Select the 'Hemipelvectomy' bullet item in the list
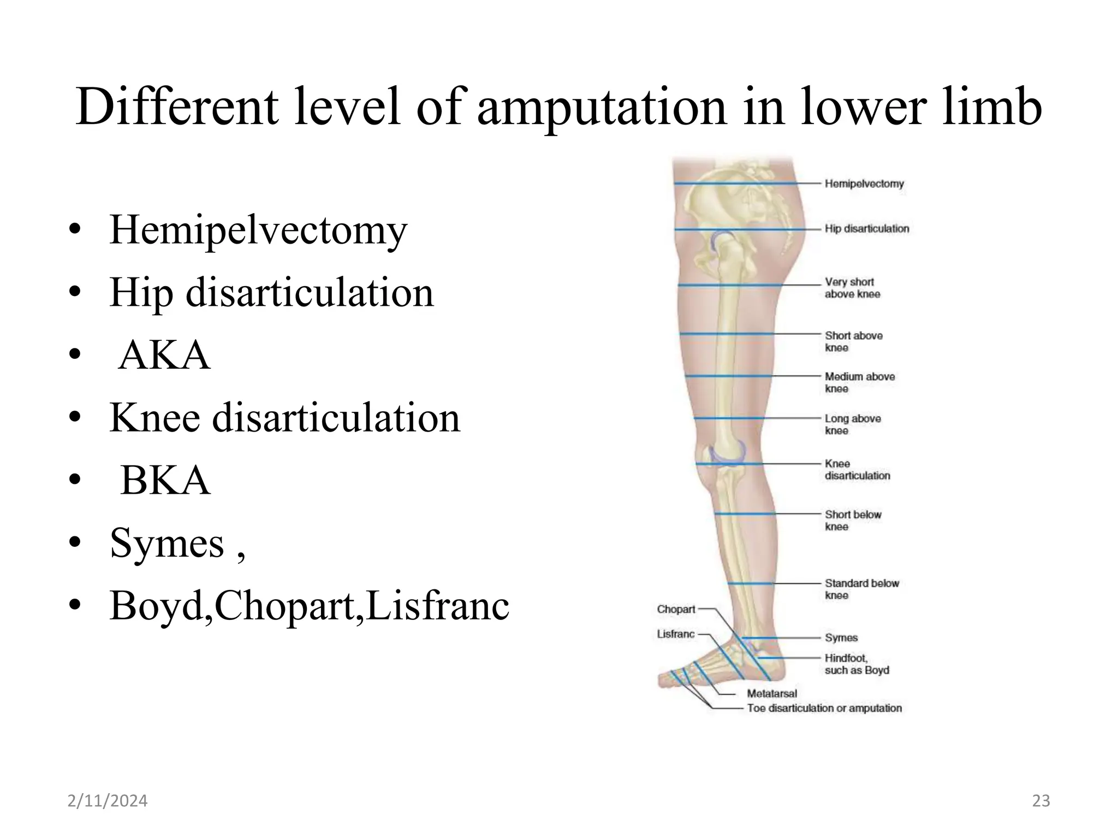[258, 230]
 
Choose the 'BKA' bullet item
[165, 481]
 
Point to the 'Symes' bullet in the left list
[166, 543]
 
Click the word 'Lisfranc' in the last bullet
[437, 606]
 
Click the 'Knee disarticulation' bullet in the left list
[284, 418]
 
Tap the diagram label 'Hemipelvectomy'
[864, 184]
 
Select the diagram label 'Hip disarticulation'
[867, 229]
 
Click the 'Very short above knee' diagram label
[852, 288]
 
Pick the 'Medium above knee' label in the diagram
[859, 382]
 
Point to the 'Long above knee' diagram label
[853, 424]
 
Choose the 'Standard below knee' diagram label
[861, 589]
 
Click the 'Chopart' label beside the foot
[676, 609]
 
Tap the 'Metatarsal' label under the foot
[772, 694]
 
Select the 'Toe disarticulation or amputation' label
[824, 708]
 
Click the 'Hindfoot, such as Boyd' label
[857, 664]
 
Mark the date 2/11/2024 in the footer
[108, 801]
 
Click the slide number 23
[1041, 801]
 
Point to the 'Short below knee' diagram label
[853, 521]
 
